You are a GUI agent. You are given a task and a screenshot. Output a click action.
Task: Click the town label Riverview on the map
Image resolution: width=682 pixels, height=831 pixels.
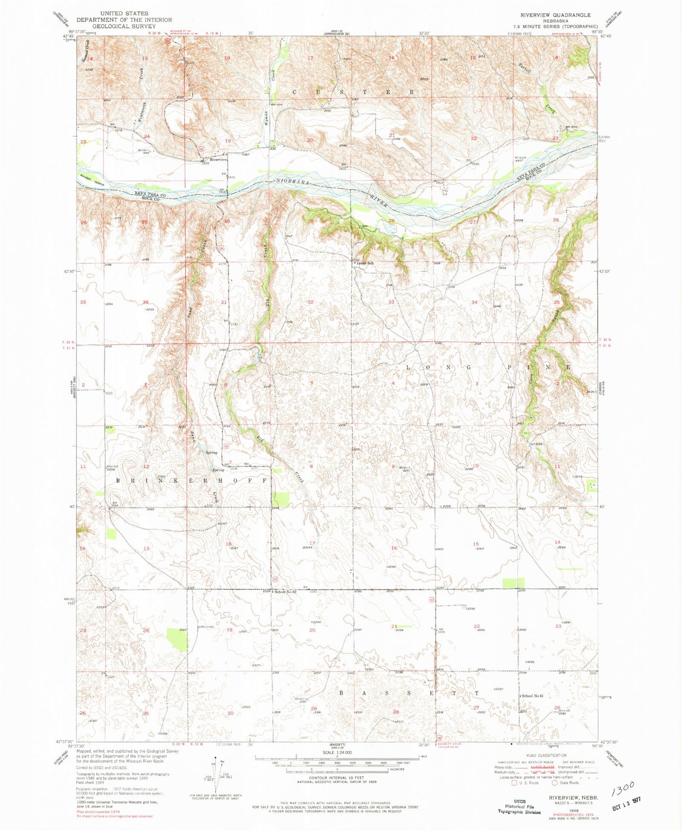tap(219, 160)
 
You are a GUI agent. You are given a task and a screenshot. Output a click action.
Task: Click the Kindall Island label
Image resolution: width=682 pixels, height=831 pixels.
tap(92, 180)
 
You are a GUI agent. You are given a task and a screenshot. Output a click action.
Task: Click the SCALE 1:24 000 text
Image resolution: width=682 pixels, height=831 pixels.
tap(337, 753)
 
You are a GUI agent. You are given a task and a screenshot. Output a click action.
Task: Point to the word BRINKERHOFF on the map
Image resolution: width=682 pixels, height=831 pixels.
tap(194, 480)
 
